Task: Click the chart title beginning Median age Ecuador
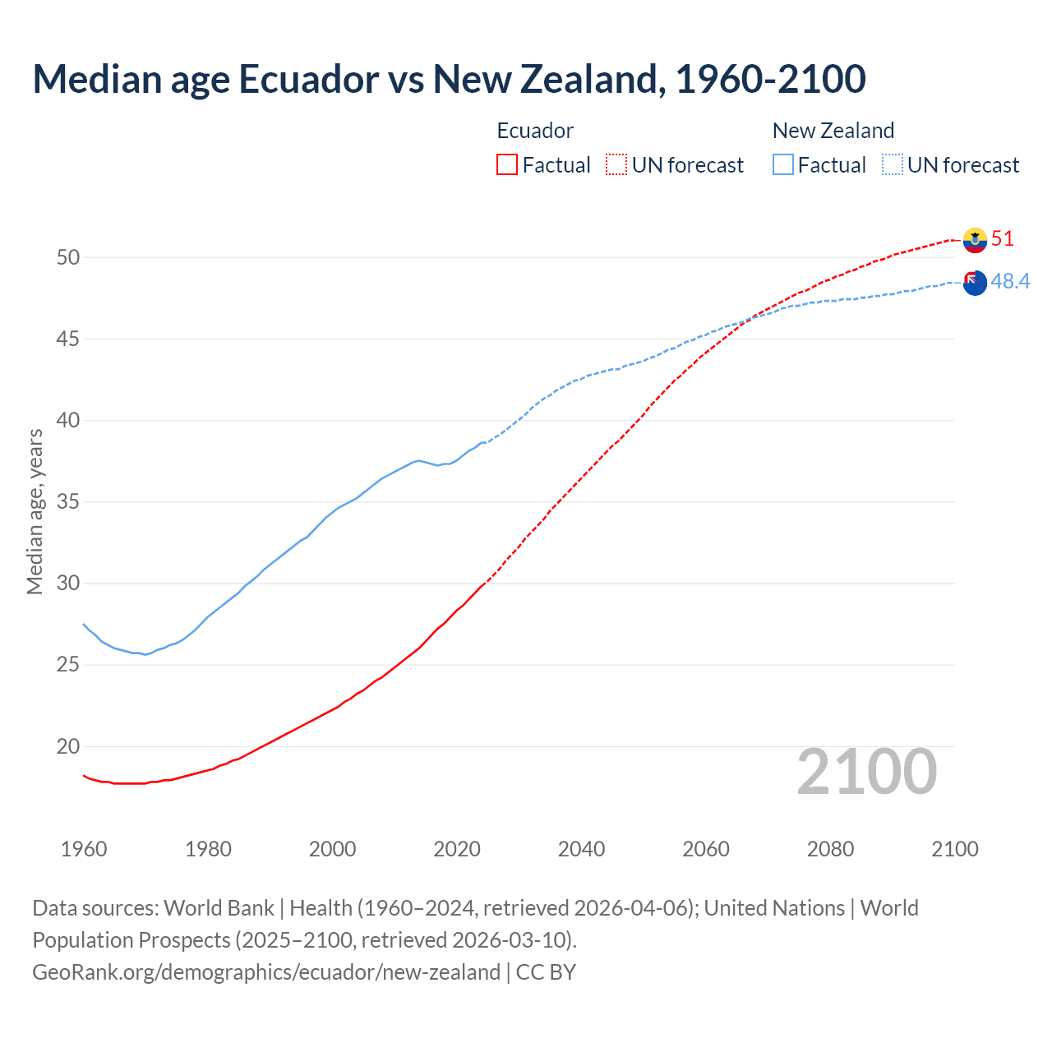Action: pos(449,79)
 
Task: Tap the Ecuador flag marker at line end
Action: pos(975,240)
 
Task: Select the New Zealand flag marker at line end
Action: pos(975,283)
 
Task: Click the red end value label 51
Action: pos(1003,239)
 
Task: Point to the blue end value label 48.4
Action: pos(1010,282)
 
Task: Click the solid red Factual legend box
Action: pos(507,165)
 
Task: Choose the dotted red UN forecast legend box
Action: pos(616,165)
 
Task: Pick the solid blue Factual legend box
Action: pos(783,165)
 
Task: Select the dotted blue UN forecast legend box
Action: pos(893,165)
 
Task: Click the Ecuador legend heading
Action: pos(535,131)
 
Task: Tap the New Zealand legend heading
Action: pos(833,131)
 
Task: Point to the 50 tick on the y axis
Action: pos(68,257)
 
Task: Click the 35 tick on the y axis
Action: pos(68,502)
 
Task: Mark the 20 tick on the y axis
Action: pos(68,747)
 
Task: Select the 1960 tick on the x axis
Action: pos(84,849)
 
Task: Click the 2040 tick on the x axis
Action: pos(581,849)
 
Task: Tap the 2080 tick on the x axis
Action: pos(830,849)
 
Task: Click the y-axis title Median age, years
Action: pos(35,511)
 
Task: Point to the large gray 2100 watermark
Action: pos(866,772)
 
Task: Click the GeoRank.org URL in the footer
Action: pos(266,972)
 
